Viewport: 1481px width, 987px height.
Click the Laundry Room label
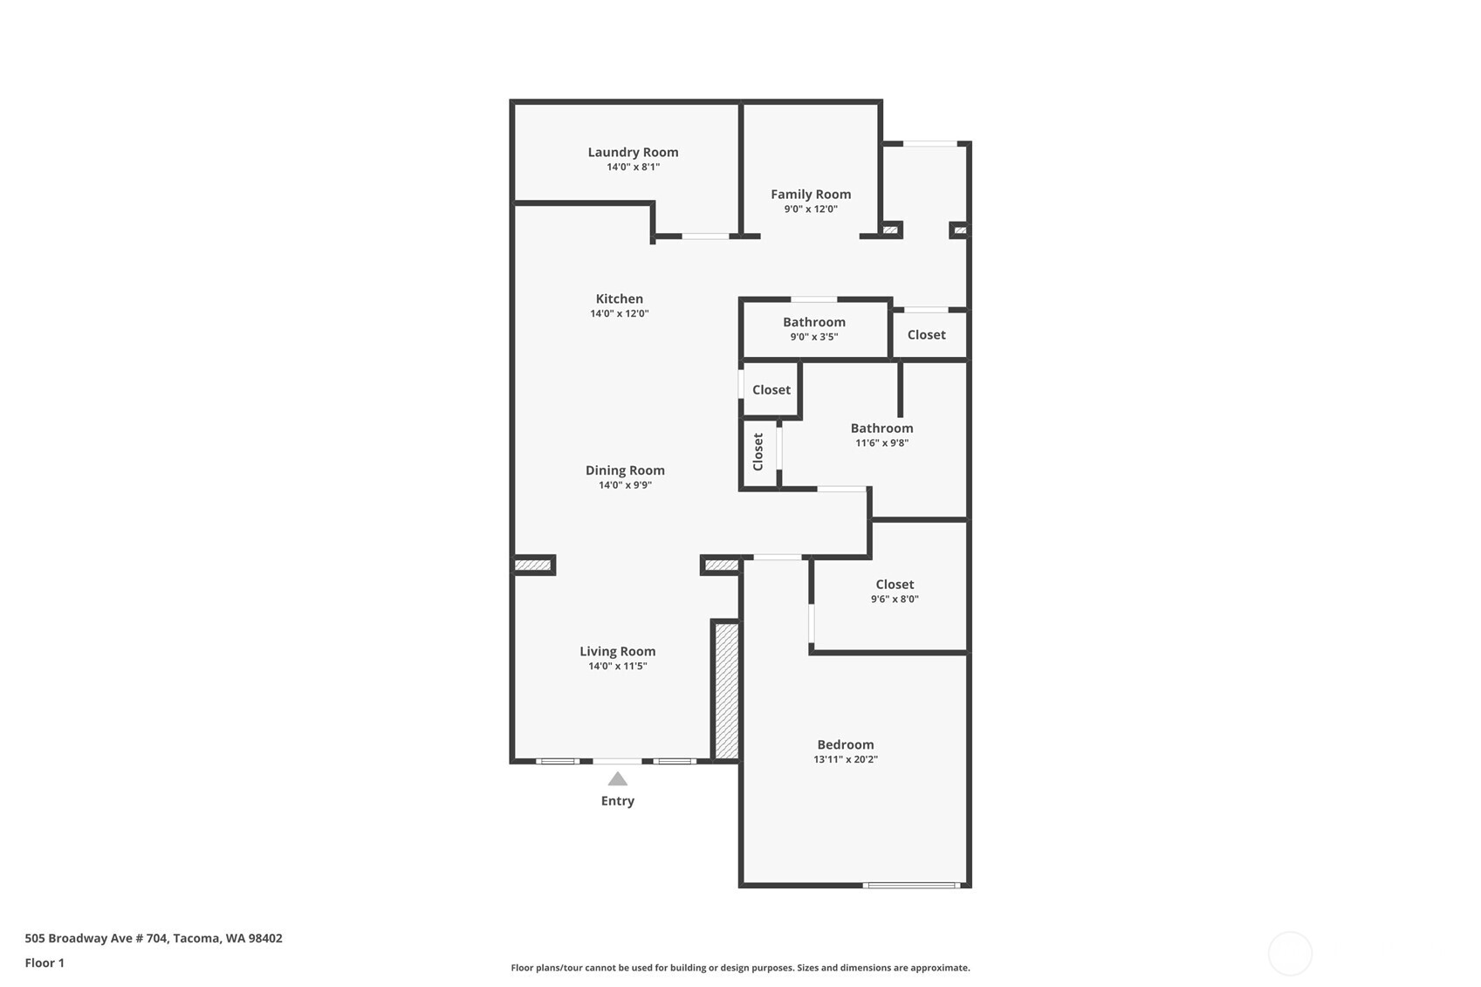(x=633, y=152)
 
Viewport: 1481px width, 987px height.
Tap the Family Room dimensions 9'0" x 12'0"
(x=810, y=209)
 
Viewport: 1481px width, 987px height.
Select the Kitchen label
(x=619, y=298)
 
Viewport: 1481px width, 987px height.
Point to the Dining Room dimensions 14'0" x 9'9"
(x=625, y=485)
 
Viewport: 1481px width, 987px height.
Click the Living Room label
(x=617, y=651)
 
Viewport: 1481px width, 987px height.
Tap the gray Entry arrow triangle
(x=617, y=779)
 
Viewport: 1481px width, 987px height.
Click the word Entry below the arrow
(x=617, y=801)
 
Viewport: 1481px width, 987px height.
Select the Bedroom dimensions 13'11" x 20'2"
(x=845, y=759)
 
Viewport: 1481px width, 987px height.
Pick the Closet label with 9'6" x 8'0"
(x=895, y=585)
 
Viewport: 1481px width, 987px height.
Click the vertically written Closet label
(x=758, y=452)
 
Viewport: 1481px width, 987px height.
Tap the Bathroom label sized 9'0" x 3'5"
(x=813, y=322)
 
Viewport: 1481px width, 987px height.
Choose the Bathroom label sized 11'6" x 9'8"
(x=881, y=428)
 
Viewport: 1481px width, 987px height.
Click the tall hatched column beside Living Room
(x=726, y=689)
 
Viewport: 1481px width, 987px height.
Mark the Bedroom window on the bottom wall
(x=911, y=885)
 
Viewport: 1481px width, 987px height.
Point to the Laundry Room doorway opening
(x=705, y=236)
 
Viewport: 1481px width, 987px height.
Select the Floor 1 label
(x=45, y=963)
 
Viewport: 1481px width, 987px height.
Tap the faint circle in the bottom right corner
(x=1289, y=953)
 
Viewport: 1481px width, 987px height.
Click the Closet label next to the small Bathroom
(x=926, y=335)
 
